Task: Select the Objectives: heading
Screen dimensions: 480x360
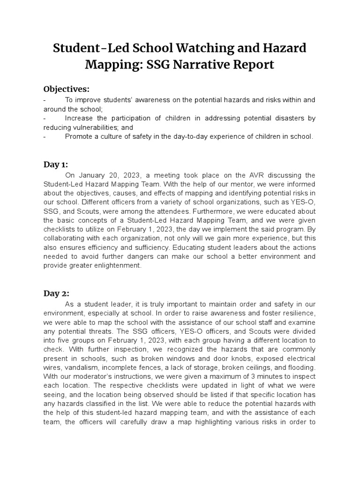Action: [66, 89]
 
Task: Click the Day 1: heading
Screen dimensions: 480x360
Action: [56, 164]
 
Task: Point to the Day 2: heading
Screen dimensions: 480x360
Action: [56, 293]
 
